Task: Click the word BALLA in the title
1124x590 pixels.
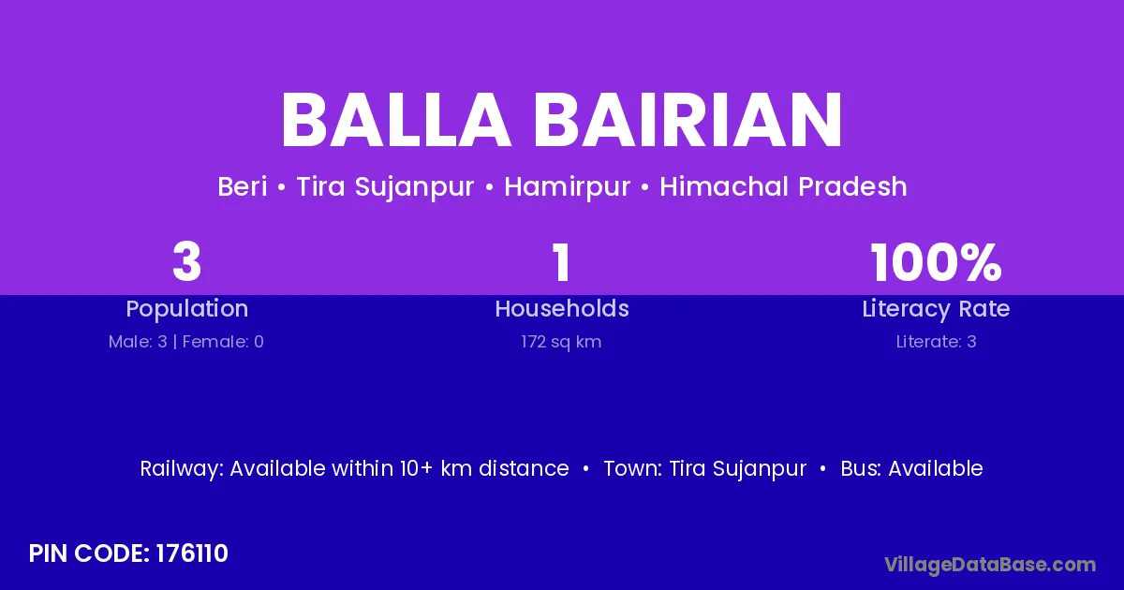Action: [x=396, y=120]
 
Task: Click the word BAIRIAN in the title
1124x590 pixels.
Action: [x=688, y=120]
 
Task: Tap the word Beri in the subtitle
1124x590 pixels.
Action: [x=243, y=186]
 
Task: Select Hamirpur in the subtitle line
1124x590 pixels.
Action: [x=567, y=187]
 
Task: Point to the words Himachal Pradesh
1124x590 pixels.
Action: [x=783, y=186]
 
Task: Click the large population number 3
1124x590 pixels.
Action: [x=186, y=262]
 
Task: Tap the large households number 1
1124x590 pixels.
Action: [x=561, y=262]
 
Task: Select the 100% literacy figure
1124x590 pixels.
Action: [x=936, y=262]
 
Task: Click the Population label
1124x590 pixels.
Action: [x=187, y=309]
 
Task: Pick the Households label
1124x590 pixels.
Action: [x=562, y=308]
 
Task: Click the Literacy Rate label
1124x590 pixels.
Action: [x=936, y=309]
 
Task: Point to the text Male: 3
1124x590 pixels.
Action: [x=138, y=342]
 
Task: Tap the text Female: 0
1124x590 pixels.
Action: [x=223, y=342]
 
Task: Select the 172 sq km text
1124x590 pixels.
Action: [x=561, y=342]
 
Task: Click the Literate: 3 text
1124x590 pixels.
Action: [x=937, y=342]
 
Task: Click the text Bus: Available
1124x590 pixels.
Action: [x=911, y=468]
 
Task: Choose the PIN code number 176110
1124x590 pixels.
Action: [x=192, y=553]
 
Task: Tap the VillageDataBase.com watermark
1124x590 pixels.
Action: [x=990, y=565]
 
